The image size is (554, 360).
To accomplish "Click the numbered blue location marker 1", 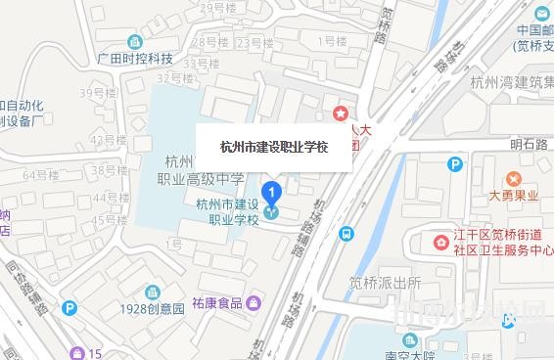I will click(x=274, y=192).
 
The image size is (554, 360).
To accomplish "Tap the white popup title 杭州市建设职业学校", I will click(x=274, y=147).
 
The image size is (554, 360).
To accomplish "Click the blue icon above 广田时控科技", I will click(x=134, y=42).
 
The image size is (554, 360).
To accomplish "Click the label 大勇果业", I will click(x=514, y=195).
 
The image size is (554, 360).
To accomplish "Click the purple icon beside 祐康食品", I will click(x=254, y=303).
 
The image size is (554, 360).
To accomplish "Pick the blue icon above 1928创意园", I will click(x=152, y=292).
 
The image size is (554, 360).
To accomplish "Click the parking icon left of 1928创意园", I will click(x=69, y=307).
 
